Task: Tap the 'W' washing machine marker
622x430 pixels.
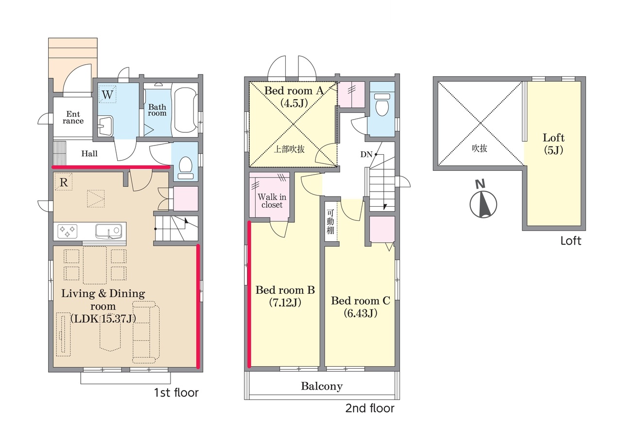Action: [x=107, y=94]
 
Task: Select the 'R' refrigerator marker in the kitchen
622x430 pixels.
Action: [x=64, y=182]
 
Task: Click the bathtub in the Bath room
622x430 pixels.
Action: [x=185, y=111]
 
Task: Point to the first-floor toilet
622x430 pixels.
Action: [x=186, y=167]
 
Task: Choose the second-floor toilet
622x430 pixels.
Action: [x=382, y=104]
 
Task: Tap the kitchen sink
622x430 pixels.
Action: [x=108, y=231]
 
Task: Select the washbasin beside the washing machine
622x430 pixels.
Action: [x=105, y=126]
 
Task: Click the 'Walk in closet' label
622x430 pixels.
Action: [x=272, y=201]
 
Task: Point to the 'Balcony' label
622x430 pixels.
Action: [x=322, y=386]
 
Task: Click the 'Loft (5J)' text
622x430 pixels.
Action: [x=553, y=143]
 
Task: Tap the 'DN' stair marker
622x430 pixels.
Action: [x=366, y=154]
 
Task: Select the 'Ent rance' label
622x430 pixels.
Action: [x=73, y=117]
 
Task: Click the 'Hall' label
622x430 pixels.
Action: [x=89, y=153]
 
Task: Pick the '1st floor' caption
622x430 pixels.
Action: [x=176, y=393]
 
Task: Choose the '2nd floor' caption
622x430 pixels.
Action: [x=370, y=408]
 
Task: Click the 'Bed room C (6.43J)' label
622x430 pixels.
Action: [x=361, y=307]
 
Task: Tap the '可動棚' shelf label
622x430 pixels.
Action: [x=330, y=221]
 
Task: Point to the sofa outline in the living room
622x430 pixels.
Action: [x=146, y=332]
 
